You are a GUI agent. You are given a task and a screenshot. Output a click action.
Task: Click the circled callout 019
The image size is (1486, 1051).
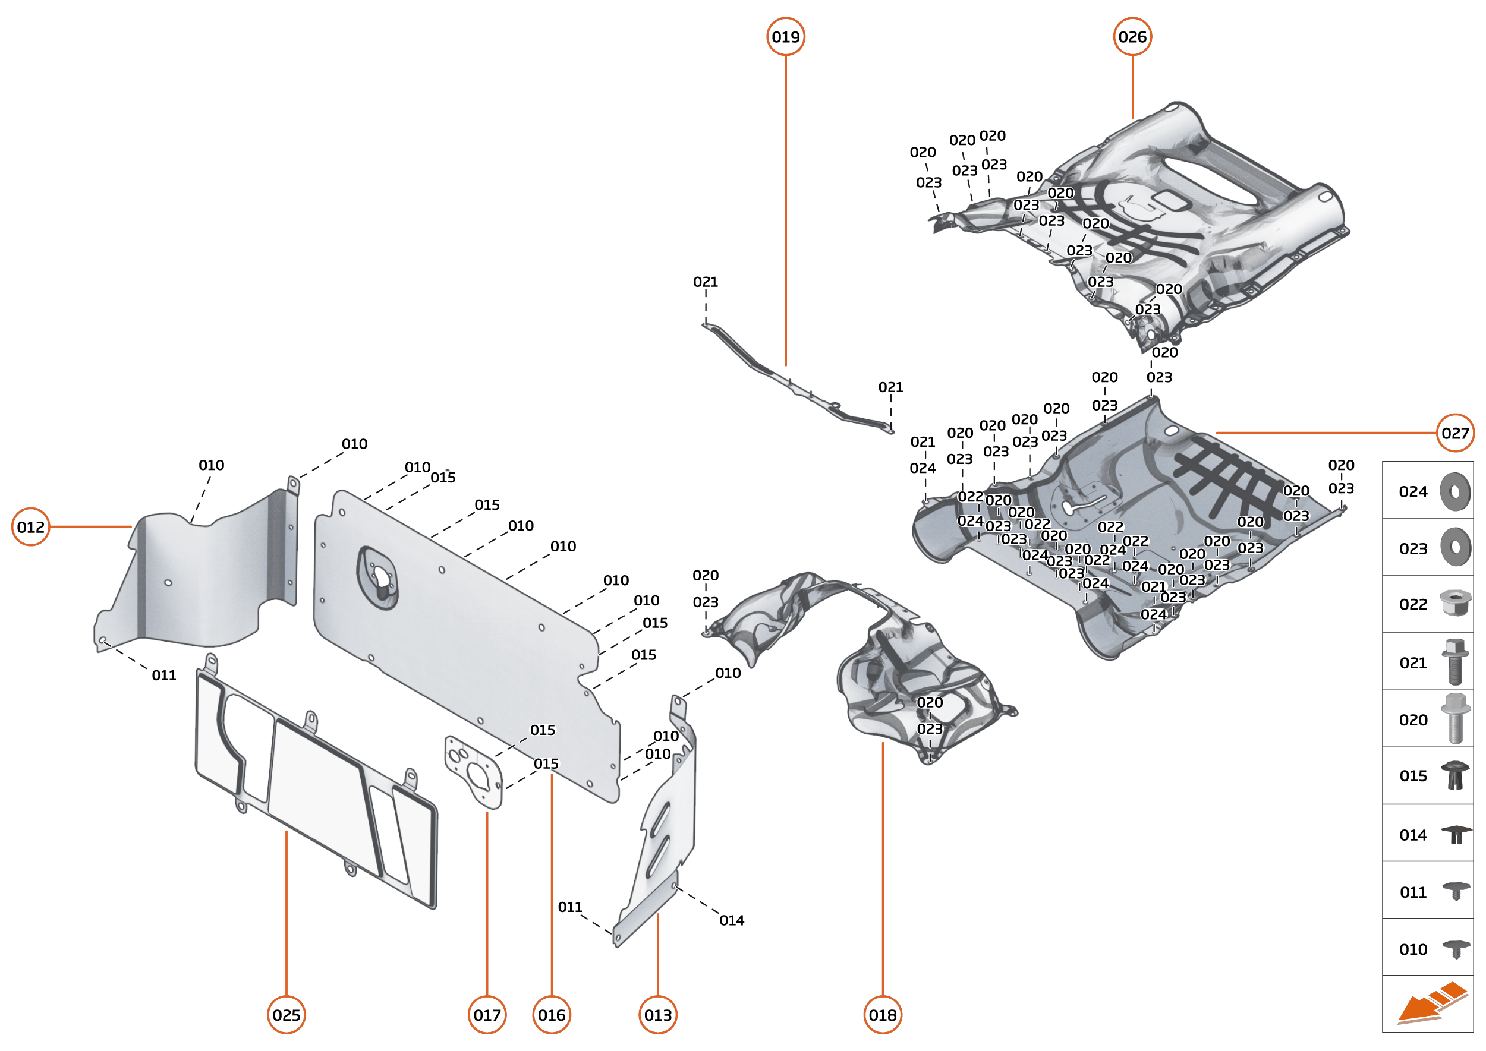point(785,37)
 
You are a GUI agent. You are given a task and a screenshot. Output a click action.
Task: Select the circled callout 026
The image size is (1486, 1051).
point(1132,37)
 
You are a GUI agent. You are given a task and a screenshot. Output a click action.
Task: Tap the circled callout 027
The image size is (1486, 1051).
point(1455,433)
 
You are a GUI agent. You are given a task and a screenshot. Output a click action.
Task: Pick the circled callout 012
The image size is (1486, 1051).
point(30,527)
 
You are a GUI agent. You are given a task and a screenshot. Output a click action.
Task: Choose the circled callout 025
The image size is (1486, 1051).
point(286,1015)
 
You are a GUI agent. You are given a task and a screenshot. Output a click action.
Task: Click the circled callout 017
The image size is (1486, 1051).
point(487,1015)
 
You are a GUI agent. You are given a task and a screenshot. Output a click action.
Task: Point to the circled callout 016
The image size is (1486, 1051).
point(552,1015)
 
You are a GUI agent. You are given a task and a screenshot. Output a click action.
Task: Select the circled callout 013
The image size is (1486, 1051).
point(658,1015)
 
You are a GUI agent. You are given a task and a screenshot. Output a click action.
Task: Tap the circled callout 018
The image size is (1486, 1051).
point(883,1015)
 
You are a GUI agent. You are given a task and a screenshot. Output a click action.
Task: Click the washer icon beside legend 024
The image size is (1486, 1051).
point(1455,492)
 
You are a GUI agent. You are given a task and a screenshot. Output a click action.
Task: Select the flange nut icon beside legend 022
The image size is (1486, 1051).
point(1454,603)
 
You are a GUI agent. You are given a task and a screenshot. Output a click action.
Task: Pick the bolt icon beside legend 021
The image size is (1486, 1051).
point(1454,661)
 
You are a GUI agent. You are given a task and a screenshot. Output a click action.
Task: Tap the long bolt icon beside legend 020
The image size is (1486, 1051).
point(1454,718)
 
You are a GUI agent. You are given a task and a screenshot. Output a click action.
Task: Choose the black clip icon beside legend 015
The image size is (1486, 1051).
point(1454,775)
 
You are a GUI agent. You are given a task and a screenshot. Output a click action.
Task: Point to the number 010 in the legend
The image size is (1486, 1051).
point(1413,949)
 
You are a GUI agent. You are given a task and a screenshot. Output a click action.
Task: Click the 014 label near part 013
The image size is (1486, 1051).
point(732,920)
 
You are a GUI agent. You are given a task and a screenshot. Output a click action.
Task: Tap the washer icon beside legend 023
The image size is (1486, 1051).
point(1455,548)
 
